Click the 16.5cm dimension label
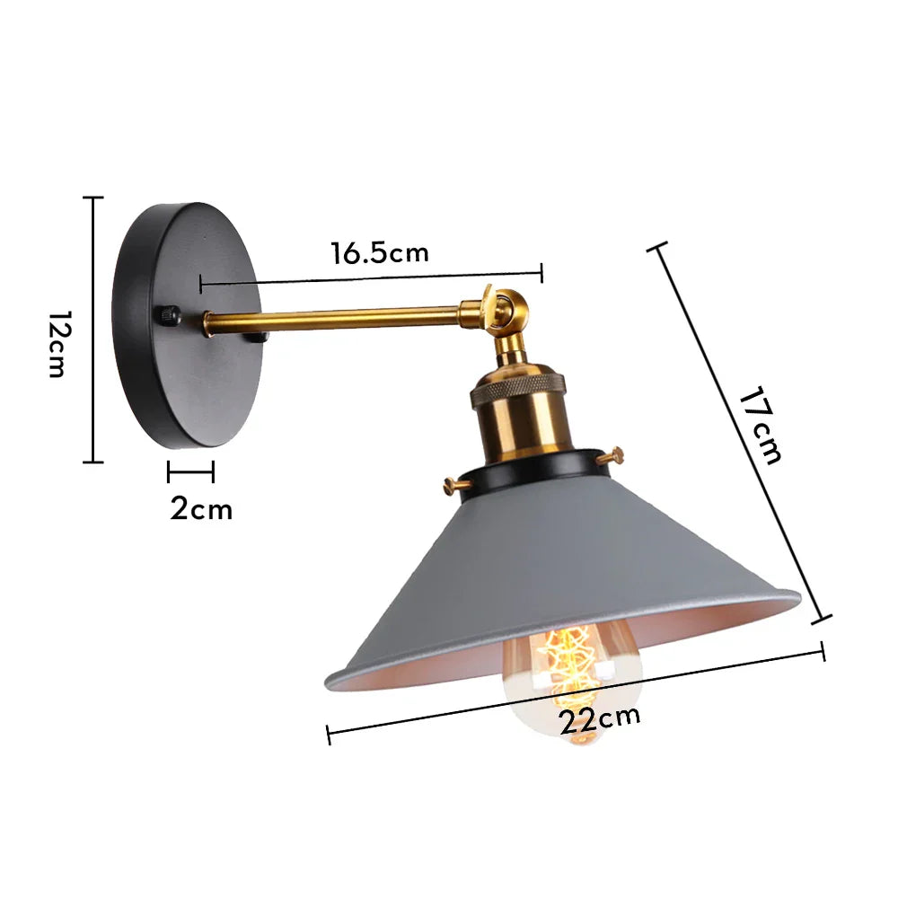[x=379, y=253]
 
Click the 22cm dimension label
[x=600, y=718]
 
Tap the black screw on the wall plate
[x=167, y=315]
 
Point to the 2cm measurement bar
[x=190, y=471]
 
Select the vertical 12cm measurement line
[x=93, y=330]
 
